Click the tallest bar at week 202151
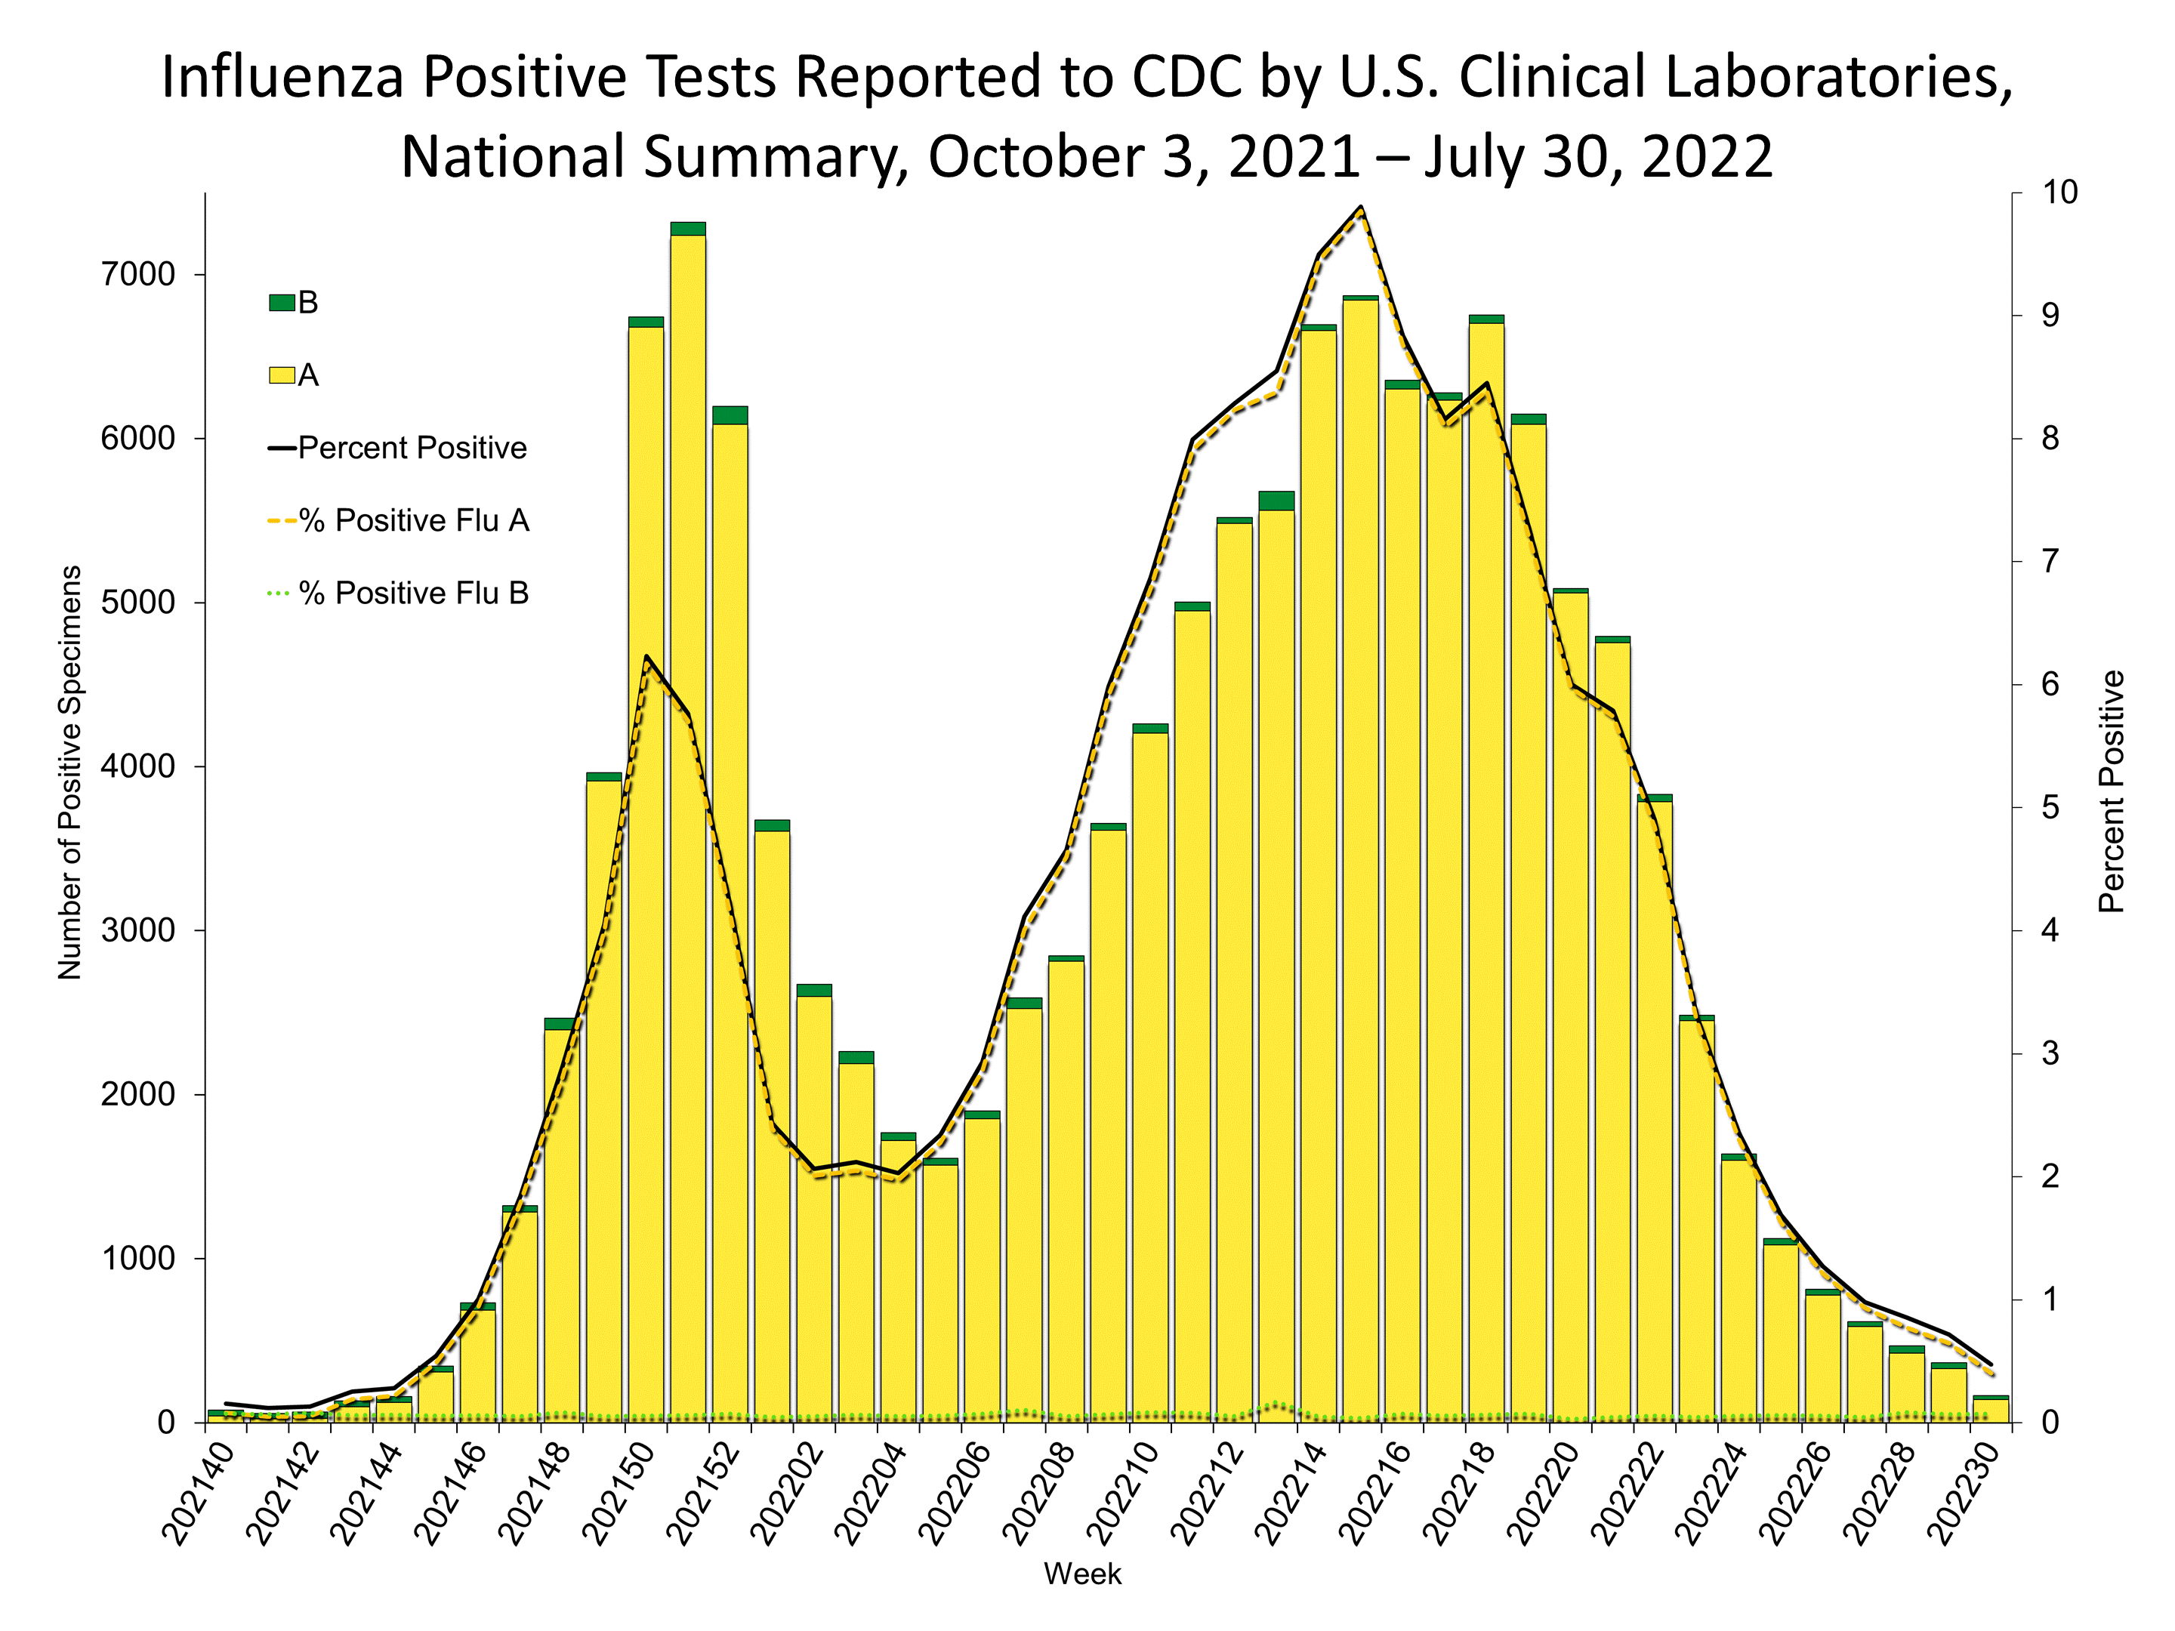[x=687, y=826]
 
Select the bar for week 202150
[x=645, y=875]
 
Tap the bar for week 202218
[x=1485, y=875]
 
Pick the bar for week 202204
[x=898, y=1278]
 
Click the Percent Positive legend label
[x=412, y=449]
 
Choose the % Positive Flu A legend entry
[x=413, y=521]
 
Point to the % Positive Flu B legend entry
[x=413, y=594]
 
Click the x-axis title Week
[x=1082, y=1574]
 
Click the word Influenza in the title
[x=282, y=77]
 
